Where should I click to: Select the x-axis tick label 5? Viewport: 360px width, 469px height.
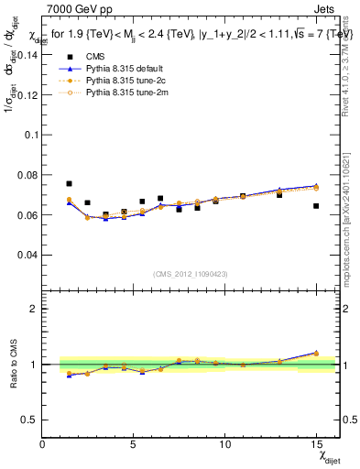(134, 444)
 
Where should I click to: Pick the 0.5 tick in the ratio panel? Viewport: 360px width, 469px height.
(28, 420)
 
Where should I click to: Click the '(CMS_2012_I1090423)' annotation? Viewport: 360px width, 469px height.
(191, 274)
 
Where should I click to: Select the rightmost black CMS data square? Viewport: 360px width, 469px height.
(316, 206)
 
